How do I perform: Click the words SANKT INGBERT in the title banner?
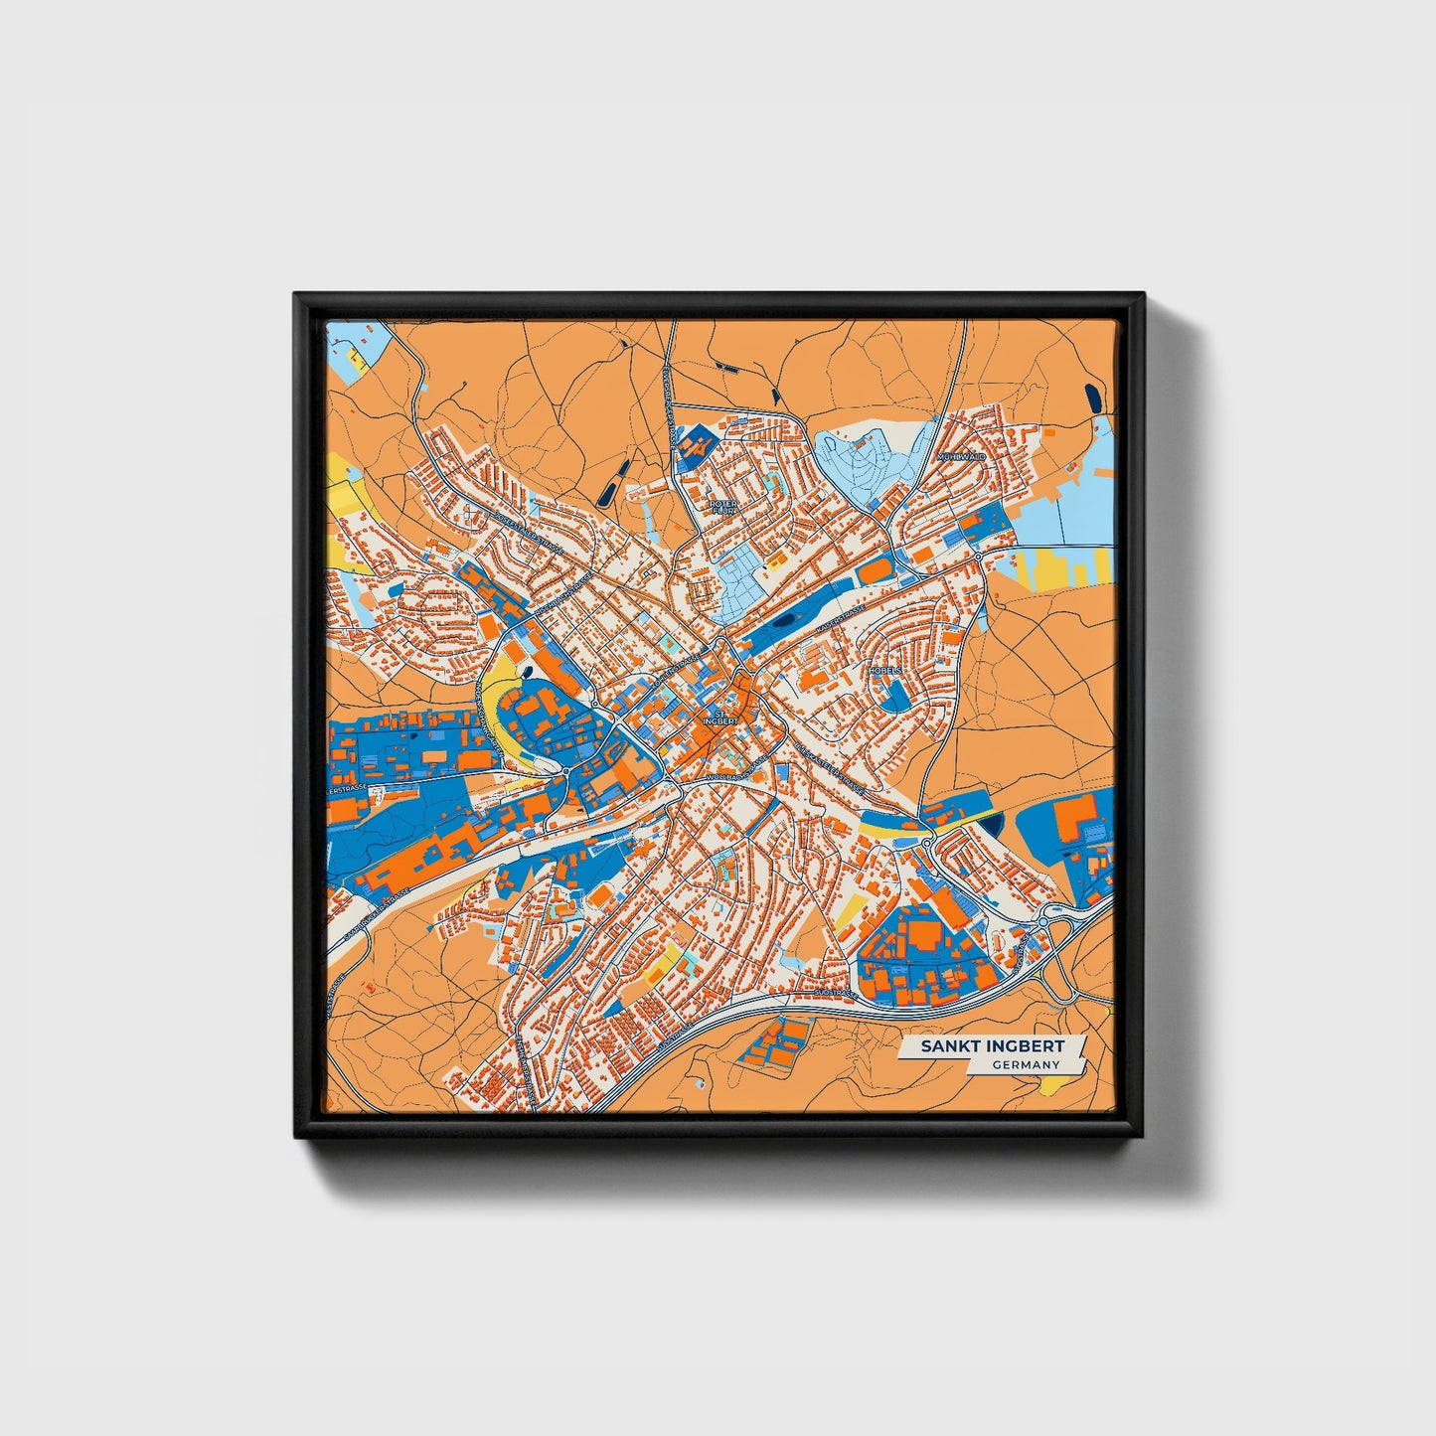(x=992, y=1046)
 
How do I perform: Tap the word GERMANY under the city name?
(x=1025, y=1064)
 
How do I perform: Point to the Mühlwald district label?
(x=954, y=457)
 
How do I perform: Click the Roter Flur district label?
(x=723, y=508)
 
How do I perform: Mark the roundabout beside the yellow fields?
(x=980, y=558)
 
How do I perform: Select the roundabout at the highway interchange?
(x=1042, y=923)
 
